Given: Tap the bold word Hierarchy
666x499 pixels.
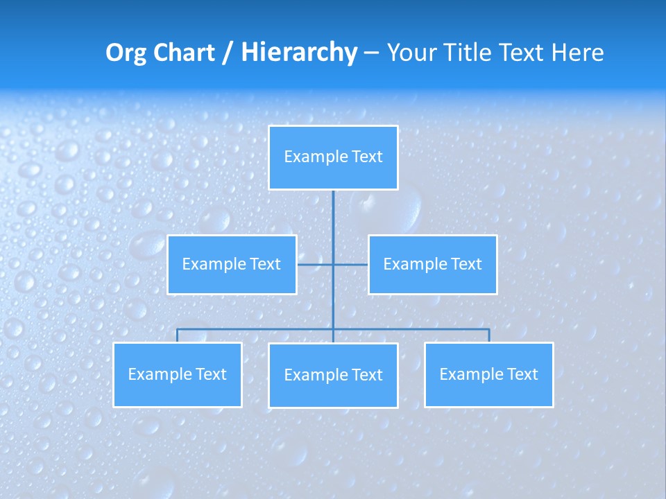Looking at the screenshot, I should tap(299, 53).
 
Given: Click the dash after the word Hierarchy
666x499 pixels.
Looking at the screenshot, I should tap(371, 53).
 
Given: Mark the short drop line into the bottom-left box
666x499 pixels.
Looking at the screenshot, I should tap(178, 335).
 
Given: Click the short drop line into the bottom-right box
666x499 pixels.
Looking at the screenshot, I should tap(489, 335).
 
